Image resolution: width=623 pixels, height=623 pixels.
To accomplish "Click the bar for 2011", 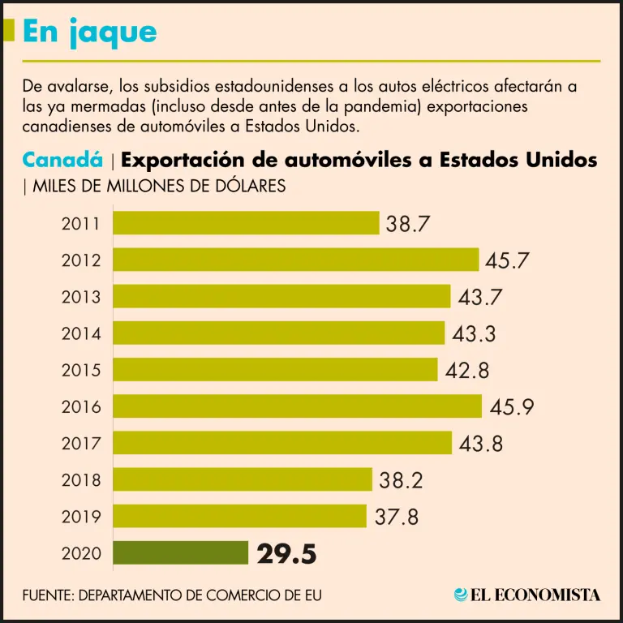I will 246,223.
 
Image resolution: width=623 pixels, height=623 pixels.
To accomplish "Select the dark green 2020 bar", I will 180,553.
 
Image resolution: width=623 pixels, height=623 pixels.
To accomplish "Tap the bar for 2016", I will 297,406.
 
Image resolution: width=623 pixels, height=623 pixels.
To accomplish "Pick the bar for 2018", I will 242,479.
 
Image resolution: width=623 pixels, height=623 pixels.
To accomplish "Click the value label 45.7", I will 507,260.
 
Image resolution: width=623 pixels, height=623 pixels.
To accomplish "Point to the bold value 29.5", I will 286,554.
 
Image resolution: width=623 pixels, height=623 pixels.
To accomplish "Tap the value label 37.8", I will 397,517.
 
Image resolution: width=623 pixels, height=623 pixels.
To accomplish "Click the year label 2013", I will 81,297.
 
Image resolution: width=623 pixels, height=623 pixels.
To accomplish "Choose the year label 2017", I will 81,444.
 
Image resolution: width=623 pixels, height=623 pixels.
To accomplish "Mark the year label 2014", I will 81,333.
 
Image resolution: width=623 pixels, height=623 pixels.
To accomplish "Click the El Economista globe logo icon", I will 461,595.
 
